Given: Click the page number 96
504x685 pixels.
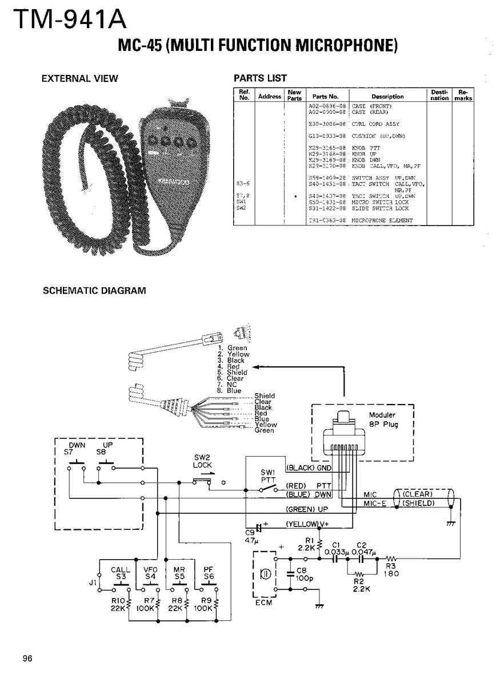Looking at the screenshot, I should point(27,658).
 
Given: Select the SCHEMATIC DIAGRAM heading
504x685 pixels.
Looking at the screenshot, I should point(94,291).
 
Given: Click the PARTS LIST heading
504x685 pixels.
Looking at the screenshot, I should point(261,78).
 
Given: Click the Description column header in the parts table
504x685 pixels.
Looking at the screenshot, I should point(387,97).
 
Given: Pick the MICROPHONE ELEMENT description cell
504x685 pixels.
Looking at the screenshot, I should point(382,220).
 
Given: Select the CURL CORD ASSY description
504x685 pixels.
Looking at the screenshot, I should point(375,124).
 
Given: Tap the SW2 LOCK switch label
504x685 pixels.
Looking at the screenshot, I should point(202,462).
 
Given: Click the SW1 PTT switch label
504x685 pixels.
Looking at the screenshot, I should point(268,476).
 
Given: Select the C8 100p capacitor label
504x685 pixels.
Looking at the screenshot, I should point(303,574).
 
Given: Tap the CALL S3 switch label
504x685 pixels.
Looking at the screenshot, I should point(121,573).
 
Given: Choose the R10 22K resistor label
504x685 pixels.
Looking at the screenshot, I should point(119,604).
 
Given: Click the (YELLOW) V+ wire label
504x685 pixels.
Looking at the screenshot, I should point(307,524).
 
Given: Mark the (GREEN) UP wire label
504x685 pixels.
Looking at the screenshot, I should point(307,509).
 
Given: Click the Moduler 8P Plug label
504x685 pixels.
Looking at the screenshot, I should point(383,419).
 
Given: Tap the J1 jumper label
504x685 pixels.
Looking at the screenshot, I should point(93,583).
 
